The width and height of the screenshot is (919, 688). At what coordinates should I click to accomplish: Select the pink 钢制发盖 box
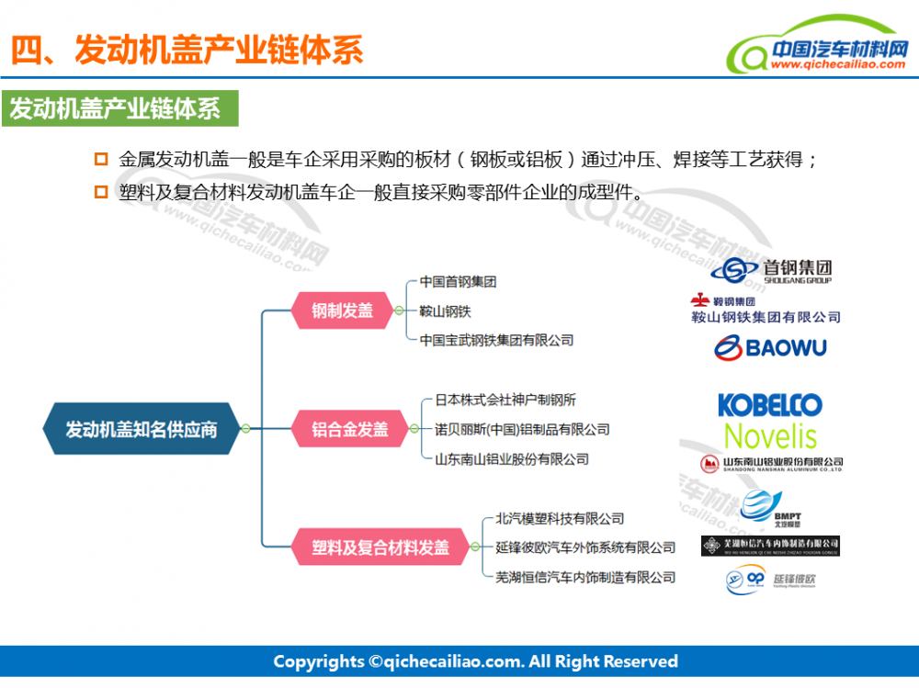tap(342, 310)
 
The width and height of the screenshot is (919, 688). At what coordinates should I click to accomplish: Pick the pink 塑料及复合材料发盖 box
tap(380, 548)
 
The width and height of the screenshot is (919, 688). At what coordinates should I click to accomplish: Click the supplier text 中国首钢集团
tap(458, 282)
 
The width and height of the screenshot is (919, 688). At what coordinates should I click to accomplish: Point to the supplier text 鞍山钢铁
tap(445, 311)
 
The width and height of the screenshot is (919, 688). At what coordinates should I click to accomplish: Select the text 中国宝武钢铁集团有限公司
tap(496, 341)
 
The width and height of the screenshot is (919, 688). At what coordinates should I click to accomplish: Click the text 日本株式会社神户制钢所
tap(505, 400)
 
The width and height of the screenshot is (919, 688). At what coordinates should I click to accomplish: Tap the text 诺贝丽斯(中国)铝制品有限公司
tap(522, 429)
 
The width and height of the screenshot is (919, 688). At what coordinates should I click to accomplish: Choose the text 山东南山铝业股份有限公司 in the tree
tap(511, 458)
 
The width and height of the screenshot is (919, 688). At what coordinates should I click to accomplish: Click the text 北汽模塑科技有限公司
tap(560, 519)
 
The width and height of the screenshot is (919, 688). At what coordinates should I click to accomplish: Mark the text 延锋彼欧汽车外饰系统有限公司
tap(585, 548)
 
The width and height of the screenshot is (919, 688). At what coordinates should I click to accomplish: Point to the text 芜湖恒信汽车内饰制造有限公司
tap(585, 578)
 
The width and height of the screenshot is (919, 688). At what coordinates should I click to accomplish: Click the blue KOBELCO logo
tap(769, 404)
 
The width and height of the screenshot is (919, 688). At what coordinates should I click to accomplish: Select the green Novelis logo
tap(770, 435)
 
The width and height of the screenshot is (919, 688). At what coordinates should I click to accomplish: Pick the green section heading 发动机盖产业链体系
tap(119, 109)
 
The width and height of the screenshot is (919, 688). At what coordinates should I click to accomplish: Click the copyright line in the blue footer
tap(475, 661)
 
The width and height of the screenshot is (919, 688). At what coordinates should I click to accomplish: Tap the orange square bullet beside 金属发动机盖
tap(101, 159)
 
